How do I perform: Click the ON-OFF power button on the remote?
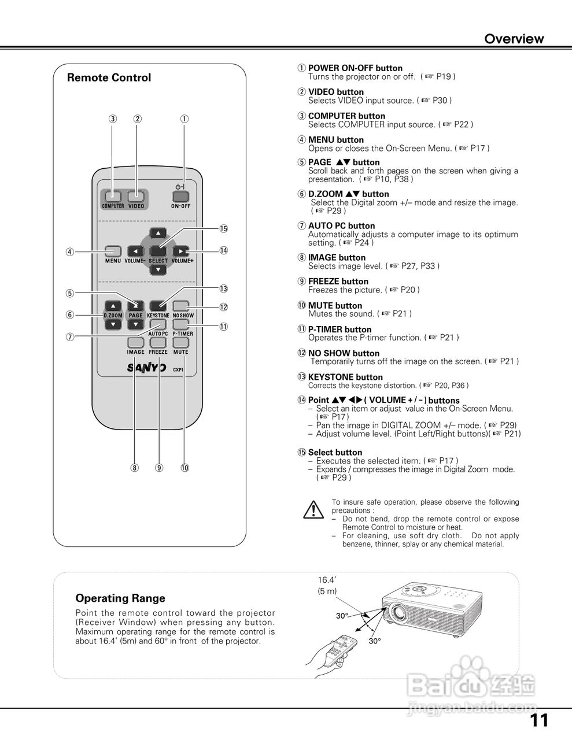(x=181, y=195)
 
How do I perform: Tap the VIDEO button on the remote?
(x=136, y=196)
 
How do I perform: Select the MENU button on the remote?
(x=113, y=251)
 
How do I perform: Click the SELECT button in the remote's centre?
(x=158, y=251)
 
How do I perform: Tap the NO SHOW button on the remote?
(x=182, y=306)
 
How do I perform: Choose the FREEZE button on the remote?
(x=158, y=343)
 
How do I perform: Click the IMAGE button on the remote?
(x=135, y=343)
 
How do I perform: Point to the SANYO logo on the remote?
(x=147, y=368)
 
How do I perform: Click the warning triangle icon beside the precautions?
(x=313, y=509)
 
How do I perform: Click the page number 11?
(x=538, y=720)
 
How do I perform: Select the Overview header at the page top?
(x=514, y=39)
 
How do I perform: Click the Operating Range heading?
(x=120, y=598)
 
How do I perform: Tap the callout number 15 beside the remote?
(x=224, y=228)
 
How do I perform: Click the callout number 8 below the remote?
(x=135, y=468)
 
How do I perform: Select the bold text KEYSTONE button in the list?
(x=345, y=377)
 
